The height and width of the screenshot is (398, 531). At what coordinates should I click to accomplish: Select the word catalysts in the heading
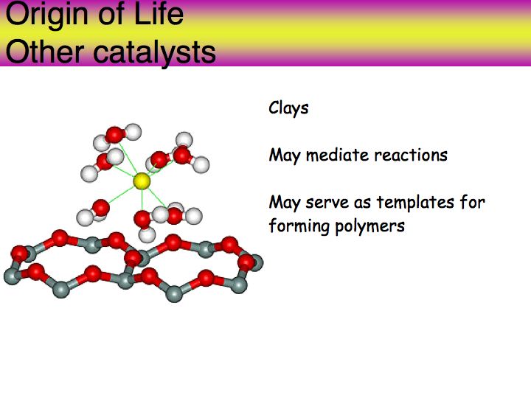[154, 53]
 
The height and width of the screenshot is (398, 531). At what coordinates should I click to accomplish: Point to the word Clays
[288, 108]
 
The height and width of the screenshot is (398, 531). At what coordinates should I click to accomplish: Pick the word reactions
[411, 155]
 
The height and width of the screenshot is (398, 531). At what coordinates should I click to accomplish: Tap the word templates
[415, 203]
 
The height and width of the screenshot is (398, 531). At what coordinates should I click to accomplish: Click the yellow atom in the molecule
[142, 181]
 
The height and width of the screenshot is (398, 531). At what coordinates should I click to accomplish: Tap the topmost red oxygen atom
[115, 135]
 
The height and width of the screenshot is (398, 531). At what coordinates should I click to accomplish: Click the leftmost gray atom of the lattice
[13, 276]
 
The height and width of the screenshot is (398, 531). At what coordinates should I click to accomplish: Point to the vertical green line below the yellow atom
[142, 200]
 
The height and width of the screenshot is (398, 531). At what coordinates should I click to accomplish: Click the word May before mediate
[285, 156]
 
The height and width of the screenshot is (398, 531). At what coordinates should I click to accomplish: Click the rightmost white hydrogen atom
[201, 165]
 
